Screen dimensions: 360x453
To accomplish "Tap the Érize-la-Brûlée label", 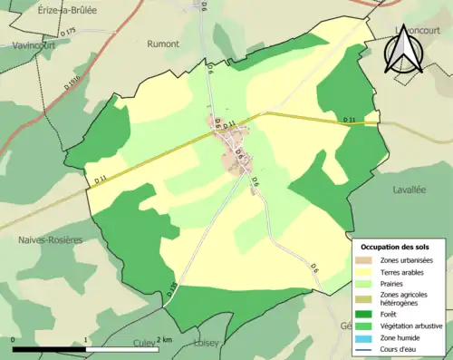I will coord(43,8).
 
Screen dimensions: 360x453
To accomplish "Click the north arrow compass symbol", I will coord(403,49).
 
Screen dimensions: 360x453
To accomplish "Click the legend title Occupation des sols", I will coord(401,247).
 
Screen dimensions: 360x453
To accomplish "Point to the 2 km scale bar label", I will coord(163,339).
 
